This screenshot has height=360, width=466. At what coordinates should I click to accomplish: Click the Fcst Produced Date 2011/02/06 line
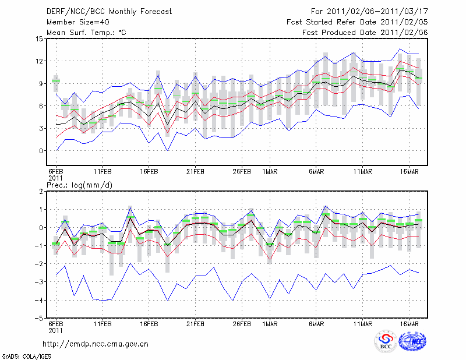[x=365, y=33]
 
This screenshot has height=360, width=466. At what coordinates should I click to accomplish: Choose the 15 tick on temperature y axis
[x=40, y=39]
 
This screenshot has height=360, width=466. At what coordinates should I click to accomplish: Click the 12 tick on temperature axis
[x=40, y=61]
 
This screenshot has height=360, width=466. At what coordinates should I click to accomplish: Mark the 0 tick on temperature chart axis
[x=41, y=151]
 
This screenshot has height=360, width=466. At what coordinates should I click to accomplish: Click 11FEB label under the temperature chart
[x=103, y=172]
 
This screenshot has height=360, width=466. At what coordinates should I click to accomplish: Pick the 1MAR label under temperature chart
[x=270, y=172]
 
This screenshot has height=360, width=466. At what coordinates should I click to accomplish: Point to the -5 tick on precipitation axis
[x=40, y=319]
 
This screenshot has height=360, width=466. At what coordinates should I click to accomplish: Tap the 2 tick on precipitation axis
[x=41, y=191]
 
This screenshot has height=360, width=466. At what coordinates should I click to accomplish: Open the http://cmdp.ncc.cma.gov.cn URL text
[x=96, y=344]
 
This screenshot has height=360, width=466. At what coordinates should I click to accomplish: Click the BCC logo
[x=386, y=342]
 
